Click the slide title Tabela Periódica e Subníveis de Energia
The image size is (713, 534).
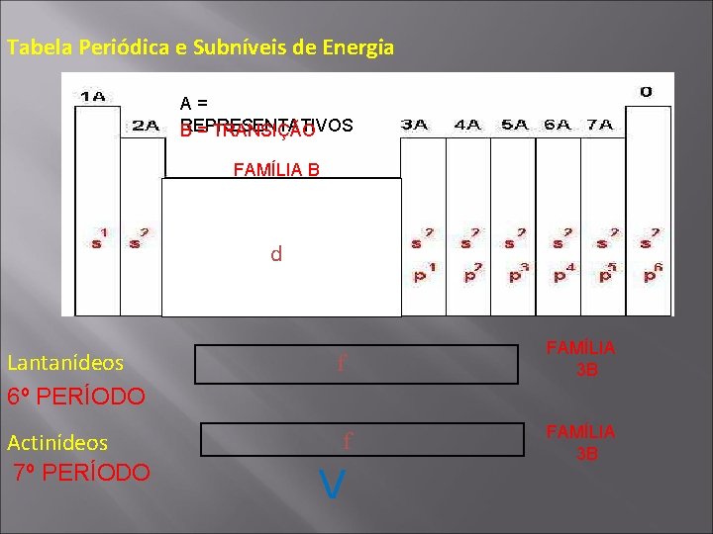[200, 47]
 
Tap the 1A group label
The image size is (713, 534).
[93, 97]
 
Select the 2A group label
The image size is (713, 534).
[147, 126]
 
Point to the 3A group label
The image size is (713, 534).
[414, 125]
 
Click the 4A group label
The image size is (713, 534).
[468, 125]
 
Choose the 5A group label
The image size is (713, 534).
[516, 125]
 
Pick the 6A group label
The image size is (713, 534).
[558, 125]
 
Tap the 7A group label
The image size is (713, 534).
[600, 125]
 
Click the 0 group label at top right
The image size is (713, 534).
[646, 92]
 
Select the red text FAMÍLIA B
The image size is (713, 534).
[276, 169]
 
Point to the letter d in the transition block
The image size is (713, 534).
[276, 254]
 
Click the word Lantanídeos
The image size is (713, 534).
[65, 363]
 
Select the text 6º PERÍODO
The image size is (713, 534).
[76, 397]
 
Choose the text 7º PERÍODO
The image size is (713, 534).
[81, 472]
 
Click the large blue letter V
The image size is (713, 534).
[334, 484]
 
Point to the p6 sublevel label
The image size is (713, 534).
[651, 273]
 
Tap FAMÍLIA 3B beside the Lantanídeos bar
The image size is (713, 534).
[587, 359]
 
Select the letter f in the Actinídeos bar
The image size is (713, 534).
[348, 440]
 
